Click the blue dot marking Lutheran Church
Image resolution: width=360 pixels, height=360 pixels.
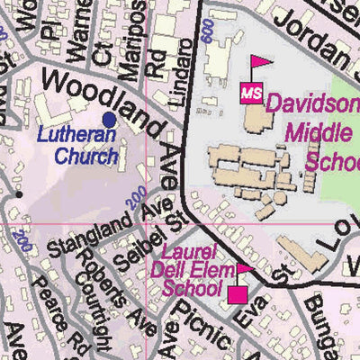coord(110,119)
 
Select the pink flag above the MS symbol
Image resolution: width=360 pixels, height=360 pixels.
coord(261,64)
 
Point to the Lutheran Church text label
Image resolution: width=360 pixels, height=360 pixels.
coord(80,147)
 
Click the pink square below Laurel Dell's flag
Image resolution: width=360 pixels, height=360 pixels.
coord(238,294)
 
